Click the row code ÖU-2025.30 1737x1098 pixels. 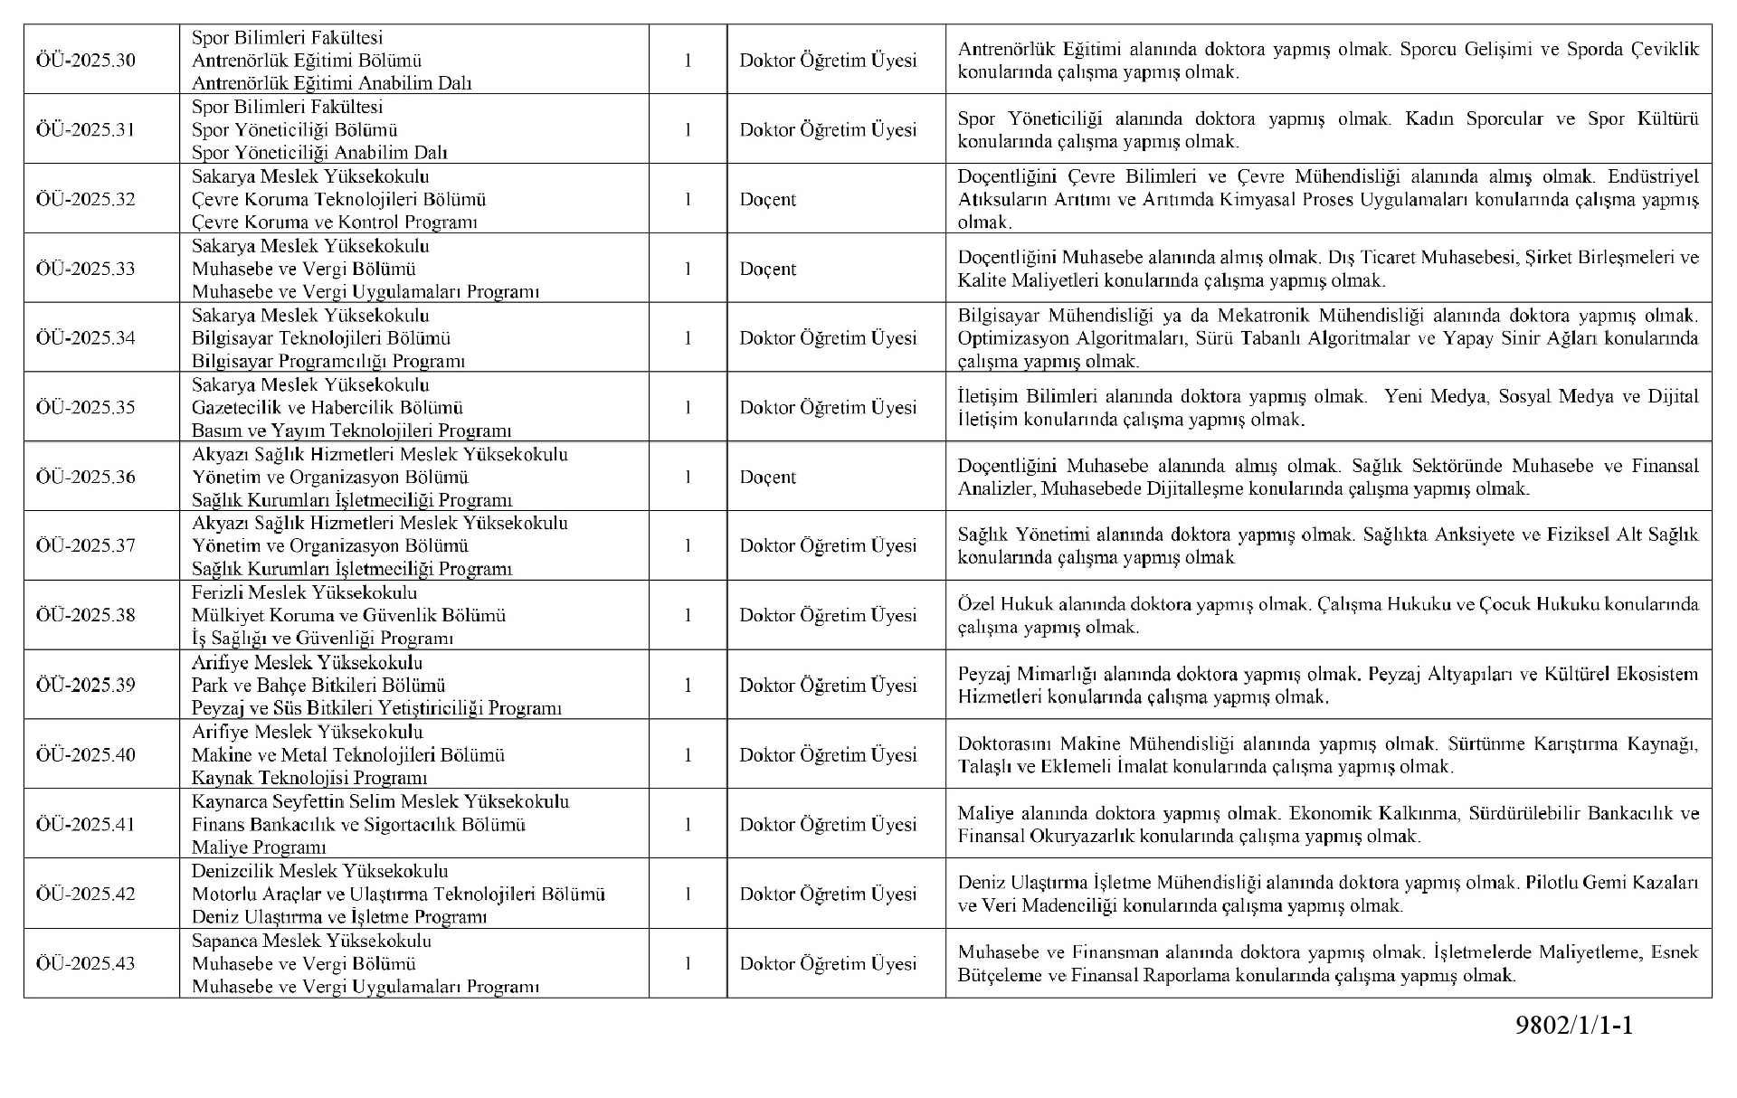pyautogui.click(x=86, y=61)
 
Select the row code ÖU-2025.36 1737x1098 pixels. pyautogui.click(x=86, y=477)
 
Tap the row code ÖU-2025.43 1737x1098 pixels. pyautogui.click(x=86, y=963)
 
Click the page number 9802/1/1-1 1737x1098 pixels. pyautogui.click(x=1575, y=1026)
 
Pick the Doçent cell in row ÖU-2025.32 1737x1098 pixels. pyautogui.click(x=768, y=199)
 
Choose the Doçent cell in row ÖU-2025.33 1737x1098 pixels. pyautogui.click(x=768, y=269)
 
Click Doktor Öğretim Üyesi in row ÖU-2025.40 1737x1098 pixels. pyautogui.click(x=828, y=754)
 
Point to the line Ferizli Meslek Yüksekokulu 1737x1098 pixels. pyautogui.click(x=305, y=592)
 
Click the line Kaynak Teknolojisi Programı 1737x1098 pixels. pyautogui.click(x=309, y=778)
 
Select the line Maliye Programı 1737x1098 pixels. pyautogui.click(x=259, y=847)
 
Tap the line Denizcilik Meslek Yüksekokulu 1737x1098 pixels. pyautogui.click(x=320, y=871)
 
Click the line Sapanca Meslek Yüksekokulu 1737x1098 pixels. pyautogui.click(x=312, y=941)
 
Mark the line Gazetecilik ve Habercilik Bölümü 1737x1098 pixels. pyautogui.click(x=327, y=407)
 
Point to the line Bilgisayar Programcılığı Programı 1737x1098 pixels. pyautogui.click(x=328, y=361)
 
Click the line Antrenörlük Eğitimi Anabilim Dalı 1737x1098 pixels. pyautogui.click(x=332, y=83)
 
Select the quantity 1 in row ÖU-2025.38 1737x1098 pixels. pyautogui.click(x=688, y=615)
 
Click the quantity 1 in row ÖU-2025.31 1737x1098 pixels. pyautogui.click(x=688, y=129)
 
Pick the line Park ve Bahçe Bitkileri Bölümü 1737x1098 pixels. pyautogui.click(x=318, y=685)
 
